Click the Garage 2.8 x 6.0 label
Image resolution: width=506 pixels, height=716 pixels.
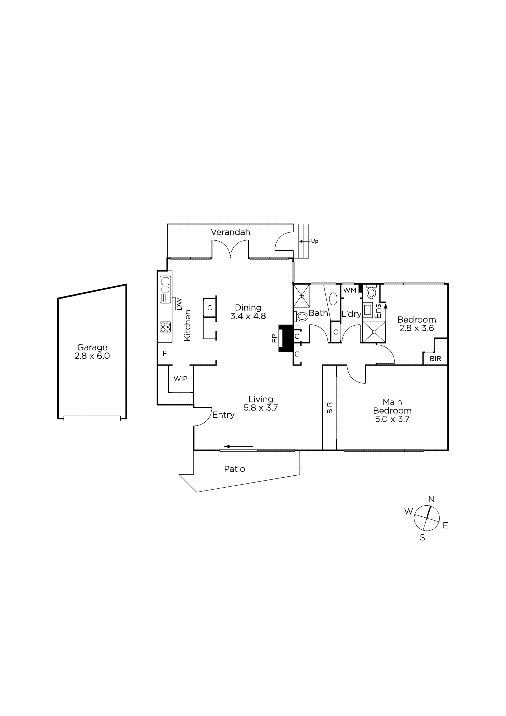(x=92, y=351)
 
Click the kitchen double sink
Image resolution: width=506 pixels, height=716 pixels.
(x=165, y=285)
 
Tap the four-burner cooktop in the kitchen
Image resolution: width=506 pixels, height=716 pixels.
(x=165, y=327)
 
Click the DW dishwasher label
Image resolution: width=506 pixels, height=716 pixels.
(x=179, y=304)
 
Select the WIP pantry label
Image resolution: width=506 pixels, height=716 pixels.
(x=180, y=379)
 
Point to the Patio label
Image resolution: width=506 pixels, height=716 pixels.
(x=235, y=469)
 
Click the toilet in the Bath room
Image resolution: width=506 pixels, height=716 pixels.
(x=301, y=317)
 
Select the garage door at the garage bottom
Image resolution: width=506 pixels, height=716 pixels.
(x=92, y=418)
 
